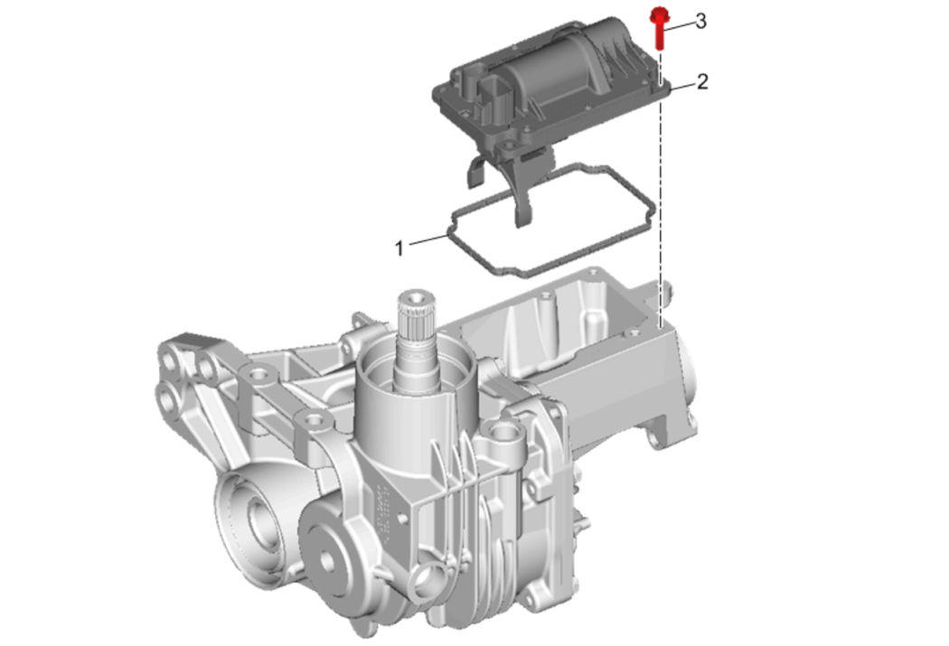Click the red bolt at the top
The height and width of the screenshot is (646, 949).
(658, 28)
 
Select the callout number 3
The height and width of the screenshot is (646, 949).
(700, 22)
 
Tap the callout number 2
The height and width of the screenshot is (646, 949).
(702, 81)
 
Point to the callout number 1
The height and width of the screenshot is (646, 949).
(399, 248)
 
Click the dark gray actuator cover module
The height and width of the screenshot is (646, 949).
(550, 90)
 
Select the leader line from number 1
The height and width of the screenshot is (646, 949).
(428, 239)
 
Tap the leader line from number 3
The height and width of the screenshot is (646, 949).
(680, 24)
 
